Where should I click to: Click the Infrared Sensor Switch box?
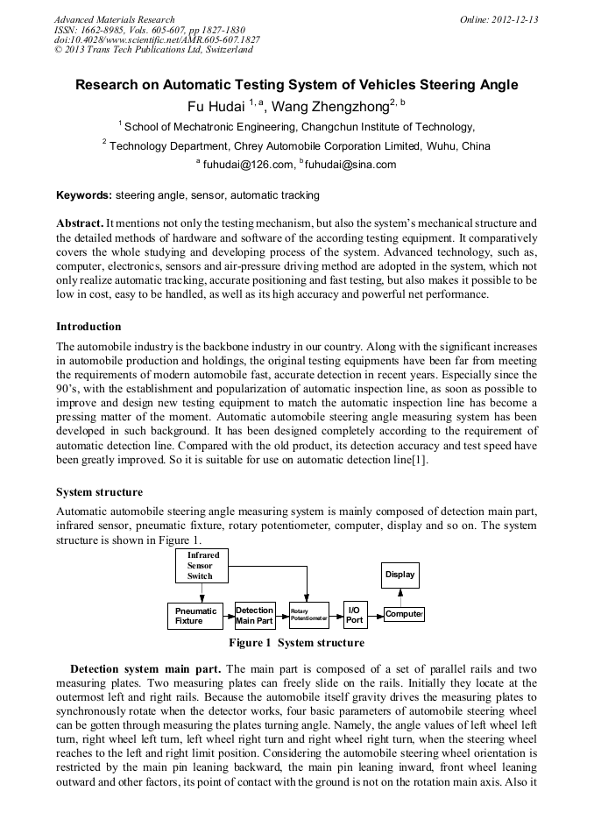click(202, 566)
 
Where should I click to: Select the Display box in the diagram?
click(400, 575)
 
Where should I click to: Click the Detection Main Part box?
click(254, 616)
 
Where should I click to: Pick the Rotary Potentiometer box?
click(308, 616)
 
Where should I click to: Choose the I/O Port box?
click(354, 615)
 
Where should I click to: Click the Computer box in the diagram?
click(403, 615)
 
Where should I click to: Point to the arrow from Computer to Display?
click(400, 597)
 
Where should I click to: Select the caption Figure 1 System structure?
click(296, 643)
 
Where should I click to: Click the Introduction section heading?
click(88, 327)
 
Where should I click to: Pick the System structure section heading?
click(99, 492)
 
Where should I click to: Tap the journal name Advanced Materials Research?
click(114, 19)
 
